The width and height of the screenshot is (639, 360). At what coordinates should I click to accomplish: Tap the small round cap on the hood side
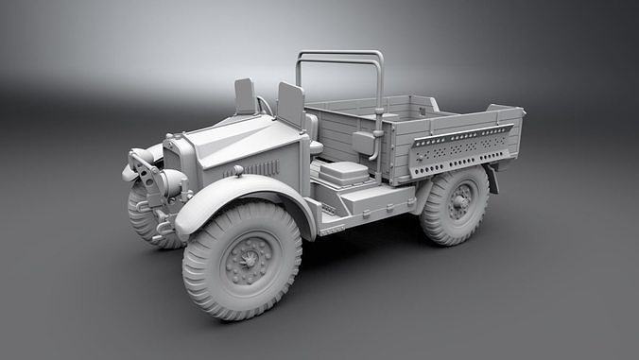pos(238,170)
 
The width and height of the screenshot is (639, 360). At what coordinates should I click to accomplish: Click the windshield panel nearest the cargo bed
pos(290,103)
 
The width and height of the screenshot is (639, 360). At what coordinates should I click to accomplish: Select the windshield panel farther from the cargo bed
pos(246,95)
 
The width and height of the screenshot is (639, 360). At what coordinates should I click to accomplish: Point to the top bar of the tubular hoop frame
pos(340,54)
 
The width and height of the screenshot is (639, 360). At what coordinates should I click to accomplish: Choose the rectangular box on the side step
pos(343,173)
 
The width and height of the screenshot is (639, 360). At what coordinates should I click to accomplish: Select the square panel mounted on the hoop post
pos(364,143)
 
